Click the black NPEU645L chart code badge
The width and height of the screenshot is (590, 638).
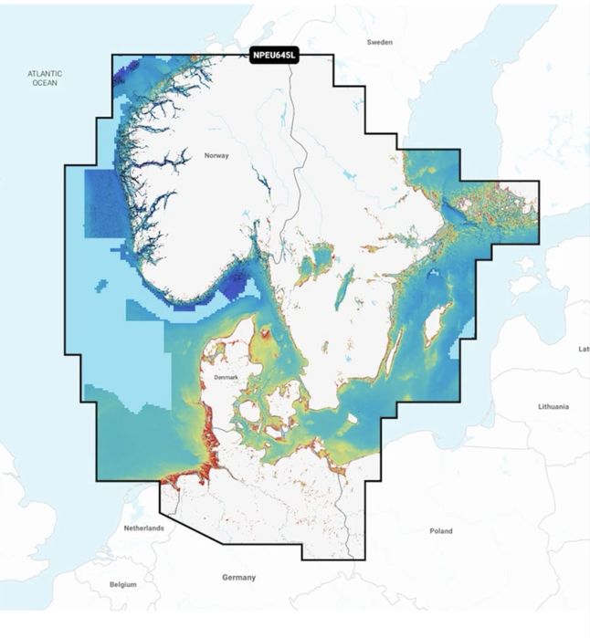(273, 56)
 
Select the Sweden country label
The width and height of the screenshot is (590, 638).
(379, 42)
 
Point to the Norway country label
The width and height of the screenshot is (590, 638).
(216, 156)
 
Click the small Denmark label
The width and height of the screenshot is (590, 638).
(225, 377)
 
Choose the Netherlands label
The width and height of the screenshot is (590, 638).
(143, 528)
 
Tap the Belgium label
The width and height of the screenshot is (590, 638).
(122, 584)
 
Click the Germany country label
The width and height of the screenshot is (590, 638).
(238, 577)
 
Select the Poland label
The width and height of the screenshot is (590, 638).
(441, 530)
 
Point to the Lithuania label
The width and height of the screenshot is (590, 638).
(553, 405)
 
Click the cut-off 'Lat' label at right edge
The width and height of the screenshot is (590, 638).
(583, 349)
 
